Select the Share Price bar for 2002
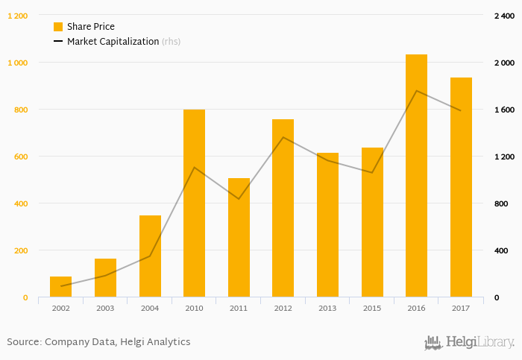click(61, 287)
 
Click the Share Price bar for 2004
click(150, 256)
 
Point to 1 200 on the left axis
click(18, 16)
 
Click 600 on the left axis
click(20, 157)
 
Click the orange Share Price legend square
click(58, 27)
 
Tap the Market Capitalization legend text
click(113, 42)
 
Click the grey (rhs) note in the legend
click(171, 42)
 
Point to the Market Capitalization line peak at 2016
click(416, 91)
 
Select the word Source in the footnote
click(23, 342)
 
